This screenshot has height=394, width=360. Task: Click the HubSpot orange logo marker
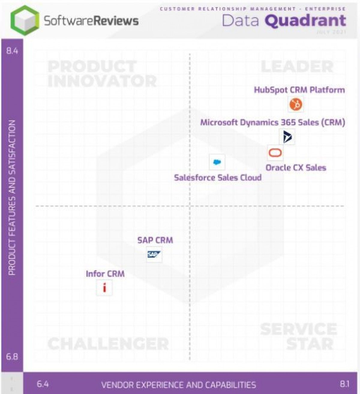click(295, 104)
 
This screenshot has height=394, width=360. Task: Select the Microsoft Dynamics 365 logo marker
click(287, 137)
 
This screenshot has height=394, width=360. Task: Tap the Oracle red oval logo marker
click(275, 153)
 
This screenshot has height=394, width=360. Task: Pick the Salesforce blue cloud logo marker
click(217, 162)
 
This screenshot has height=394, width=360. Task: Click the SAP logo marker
click(154, 255)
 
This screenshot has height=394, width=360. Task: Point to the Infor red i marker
click(104, 288)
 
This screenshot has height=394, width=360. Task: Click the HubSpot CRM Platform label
click(299, 90)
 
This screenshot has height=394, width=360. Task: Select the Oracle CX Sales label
click(296, 168)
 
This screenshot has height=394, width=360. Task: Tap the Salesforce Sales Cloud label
click(218, 178)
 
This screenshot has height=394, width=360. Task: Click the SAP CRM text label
click(155, 240)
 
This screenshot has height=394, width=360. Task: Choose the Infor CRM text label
click(105, 274)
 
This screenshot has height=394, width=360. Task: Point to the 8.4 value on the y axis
click(12, 51)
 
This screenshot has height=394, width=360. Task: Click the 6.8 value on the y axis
click(12, 357)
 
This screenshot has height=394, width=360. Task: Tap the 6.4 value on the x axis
click(43, 384)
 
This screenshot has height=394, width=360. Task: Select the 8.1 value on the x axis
click(344, 384)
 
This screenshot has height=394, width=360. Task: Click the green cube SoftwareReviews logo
click(25, 20)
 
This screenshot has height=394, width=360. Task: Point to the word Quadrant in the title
click(305, 21)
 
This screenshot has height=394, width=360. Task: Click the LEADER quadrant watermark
click(297, 67)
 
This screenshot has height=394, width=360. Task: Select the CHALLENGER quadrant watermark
click(108, 344)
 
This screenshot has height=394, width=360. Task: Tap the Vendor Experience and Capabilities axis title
click(178, 385)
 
